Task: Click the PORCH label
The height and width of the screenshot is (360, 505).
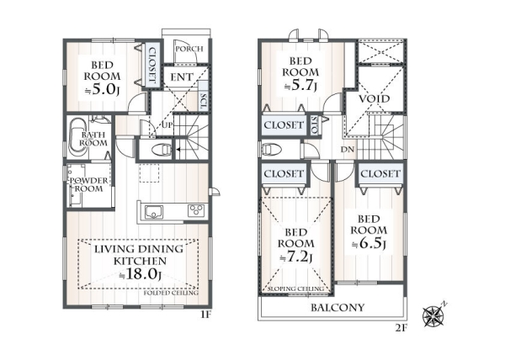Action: coord(189,49)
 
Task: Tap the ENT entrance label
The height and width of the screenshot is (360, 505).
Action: coord(181,77)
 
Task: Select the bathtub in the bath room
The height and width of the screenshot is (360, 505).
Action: coord(78,138)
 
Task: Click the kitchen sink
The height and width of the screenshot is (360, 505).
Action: coord(154,212)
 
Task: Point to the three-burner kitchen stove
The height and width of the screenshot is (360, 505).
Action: coord(196,211)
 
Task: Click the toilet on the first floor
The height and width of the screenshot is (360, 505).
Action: coord(160,150)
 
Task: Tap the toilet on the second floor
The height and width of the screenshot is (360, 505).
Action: coord(272,149)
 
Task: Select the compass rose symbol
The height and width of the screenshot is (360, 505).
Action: coord(434,315)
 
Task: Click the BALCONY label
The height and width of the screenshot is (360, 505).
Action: coord(338,308)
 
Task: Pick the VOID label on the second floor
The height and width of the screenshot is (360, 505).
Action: coord(375,98)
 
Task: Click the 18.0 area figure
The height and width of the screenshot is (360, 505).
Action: coord(141,273)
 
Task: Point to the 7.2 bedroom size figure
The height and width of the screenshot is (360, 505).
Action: coord(295,257)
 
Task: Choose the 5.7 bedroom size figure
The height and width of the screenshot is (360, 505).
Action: coord(300,86)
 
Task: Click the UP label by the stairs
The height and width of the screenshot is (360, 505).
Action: coord(167,125)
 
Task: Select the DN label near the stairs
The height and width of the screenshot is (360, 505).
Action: coord(348,149)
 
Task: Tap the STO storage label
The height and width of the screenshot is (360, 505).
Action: coord(315,125)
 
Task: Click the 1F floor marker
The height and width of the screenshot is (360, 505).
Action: coord(205,315)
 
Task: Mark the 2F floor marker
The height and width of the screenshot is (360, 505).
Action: coord(401,328)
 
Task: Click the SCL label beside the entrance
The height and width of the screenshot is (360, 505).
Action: coord(203,101)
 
